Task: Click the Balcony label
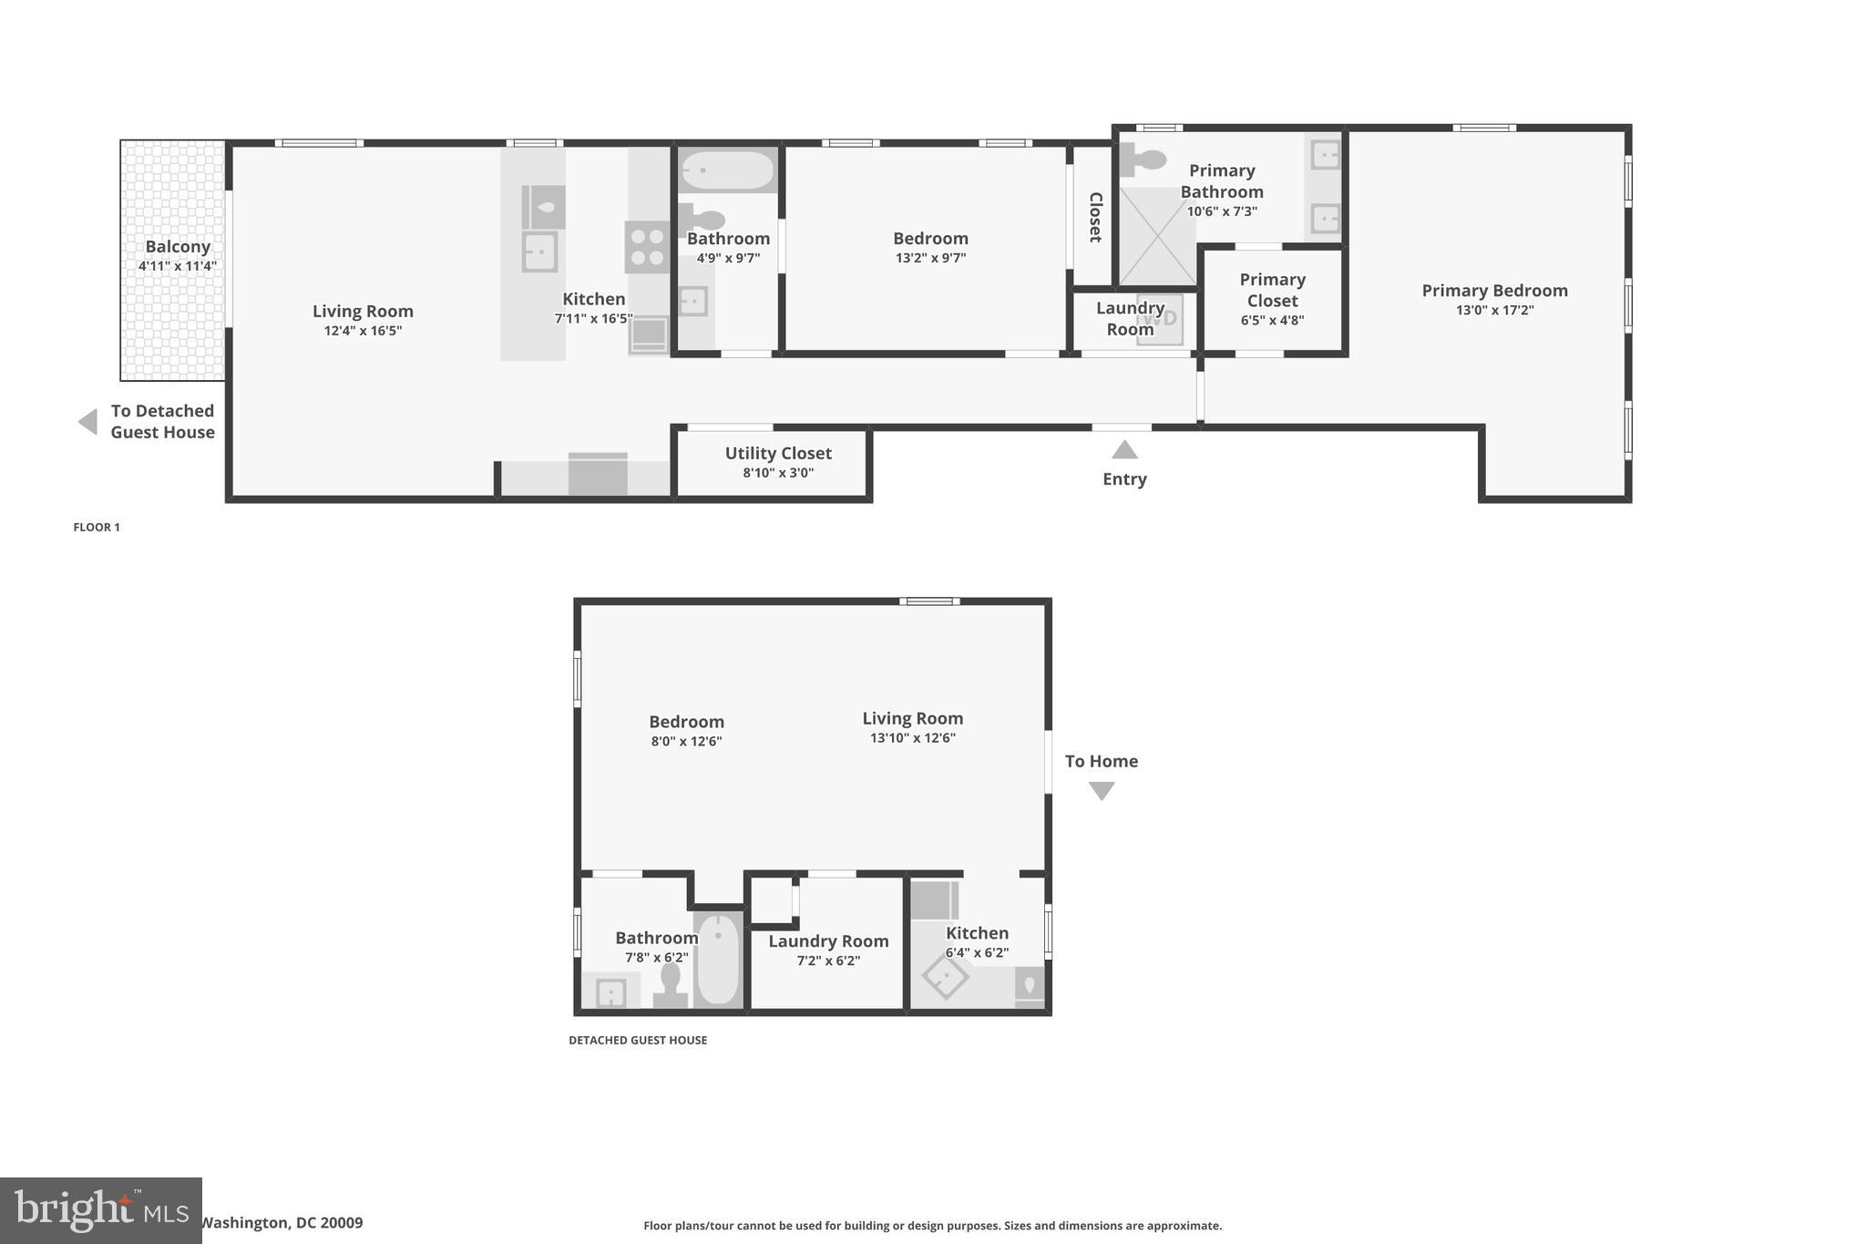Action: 178,247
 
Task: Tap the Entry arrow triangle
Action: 1124,450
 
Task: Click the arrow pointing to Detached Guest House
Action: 87,422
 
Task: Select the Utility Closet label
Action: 778,453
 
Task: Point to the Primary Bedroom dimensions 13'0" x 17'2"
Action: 1494,311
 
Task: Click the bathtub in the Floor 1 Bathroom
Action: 727,170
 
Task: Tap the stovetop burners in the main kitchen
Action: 647,247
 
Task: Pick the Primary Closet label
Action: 1272,290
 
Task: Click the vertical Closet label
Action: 1095,217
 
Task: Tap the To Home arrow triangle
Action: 1102,791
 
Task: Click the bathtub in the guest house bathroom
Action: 719,959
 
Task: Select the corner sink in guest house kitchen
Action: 945,976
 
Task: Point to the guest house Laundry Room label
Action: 828,941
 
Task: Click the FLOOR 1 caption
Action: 97,527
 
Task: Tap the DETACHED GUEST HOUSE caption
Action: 638,1040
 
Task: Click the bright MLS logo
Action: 100,1211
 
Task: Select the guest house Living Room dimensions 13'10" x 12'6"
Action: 912,738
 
